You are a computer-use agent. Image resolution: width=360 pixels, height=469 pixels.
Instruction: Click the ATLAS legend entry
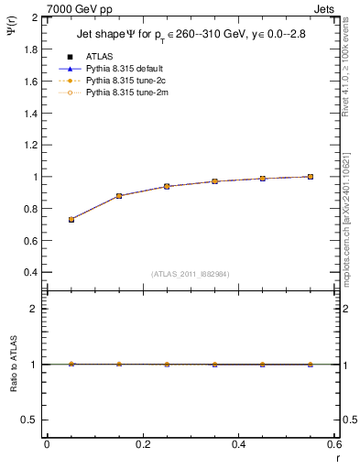point(99,56)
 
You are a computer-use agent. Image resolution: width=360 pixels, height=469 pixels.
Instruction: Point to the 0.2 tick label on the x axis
point(142,444)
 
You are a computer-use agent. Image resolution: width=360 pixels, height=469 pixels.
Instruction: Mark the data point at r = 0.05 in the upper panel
point(71,220)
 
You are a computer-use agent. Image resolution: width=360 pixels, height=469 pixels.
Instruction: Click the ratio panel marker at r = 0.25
point(167,364)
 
